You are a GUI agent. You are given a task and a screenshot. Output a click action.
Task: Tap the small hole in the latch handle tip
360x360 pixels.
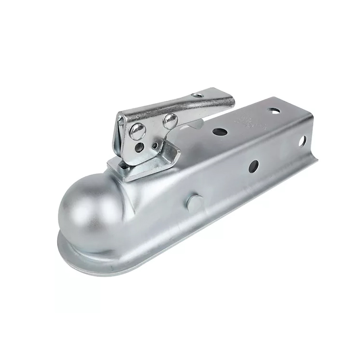(198, 95)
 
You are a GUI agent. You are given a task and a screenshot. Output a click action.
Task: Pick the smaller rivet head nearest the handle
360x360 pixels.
(170, 120)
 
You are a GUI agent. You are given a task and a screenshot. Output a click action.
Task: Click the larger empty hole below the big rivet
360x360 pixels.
(139, 147)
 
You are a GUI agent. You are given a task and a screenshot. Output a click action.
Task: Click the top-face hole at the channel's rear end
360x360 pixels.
(274, 111)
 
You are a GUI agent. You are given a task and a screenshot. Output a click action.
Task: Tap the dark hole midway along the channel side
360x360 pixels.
(253, 166)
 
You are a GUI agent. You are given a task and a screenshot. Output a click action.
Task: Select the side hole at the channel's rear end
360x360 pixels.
(302, 141)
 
